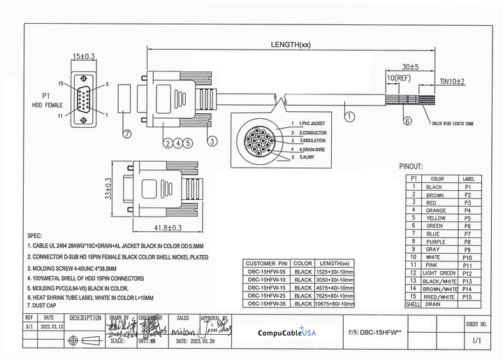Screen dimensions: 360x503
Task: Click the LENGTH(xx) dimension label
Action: click(291, 45)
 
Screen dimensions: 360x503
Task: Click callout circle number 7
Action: click(126, 133)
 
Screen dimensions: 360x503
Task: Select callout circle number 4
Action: click(178, 143)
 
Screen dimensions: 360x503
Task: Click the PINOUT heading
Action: click(411, 167)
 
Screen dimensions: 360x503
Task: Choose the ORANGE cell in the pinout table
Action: click(435, 210)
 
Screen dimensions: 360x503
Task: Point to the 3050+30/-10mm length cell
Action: click(335, 278)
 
